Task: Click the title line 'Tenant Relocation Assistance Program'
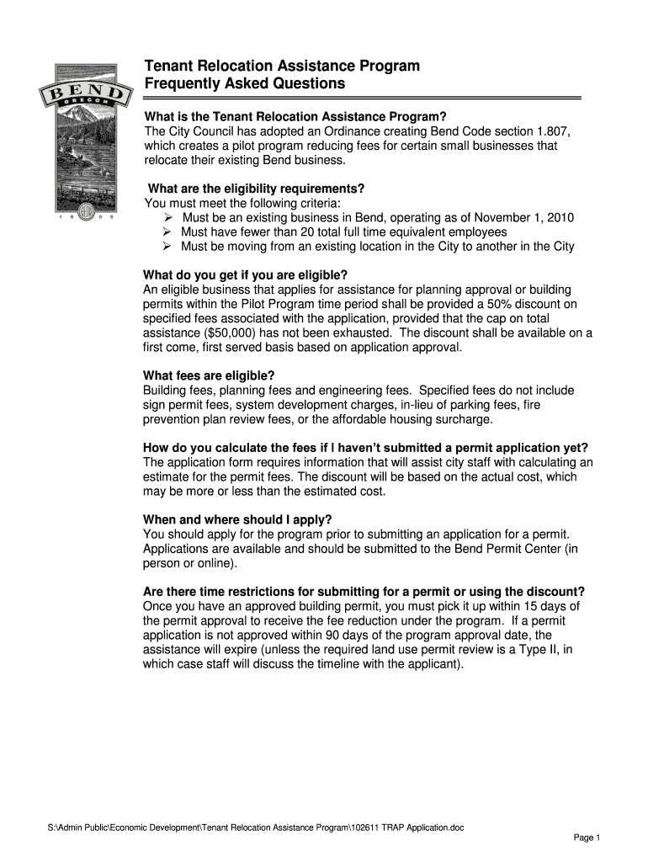pos(281,67)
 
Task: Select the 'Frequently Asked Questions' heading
pos(245,84)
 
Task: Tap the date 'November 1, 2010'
pos(522,217)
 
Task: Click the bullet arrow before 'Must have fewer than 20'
pos(167,231)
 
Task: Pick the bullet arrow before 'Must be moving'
pos(167,246)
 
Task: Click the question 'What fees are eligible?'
pos(210,375)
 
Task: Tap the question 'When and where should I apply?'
pos(238,519)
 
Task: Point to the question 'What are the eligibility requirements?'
pos(256,188)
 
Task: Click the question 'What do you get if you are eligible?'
pos(245,275)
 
